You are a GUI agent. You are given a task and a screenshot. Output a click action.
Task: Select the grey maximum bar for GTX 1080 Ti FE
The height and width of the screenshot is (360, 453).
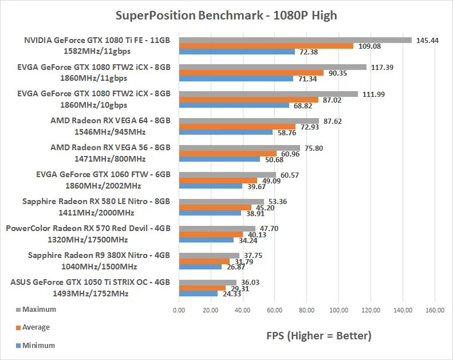295,40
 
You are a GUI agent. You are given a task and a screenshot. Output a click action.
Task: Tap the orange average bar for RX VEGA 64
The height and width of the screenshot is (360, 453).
237,126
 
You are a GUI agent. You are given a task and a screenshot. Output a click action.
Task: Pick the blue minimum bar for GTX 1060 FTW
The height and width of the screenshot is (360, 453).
210,186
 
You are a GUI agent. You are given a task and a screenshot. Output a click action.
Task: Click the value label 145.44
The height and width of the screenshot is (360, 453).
428,40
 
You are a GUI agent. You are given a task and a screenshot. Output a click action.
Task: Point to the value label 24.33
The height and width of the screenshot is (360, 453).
234,294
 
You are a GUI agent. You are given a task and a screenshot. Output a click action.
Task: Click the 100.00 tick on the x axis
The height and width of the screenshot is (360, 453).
338,310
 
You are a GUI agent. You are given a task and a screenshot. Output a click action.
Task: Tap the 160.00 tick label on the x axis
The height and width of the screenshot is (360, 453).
435,310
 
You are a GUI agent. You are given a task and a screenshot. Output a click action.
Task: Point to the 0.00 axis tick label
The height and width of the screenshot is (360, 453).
179,310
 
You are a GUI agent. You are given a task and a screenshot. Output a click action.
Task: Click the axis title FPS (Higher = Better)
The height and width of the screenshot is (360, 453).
319,336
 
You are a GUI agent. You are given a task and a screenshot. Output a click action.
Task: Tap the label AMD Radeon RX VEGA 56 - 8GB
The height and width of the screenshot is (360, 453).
111,147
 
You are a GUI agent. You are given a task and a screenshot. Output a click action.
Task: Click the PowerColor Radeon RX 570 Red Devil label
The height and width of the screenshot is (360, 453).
88,228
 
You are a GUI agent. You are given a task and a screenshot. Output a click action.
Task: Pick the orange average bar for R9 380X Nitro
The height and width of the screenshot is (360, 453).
204,261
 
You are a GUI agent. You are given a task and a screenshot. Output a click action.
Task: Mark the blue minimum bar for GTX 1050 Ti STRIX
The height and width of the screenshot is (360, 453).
198,294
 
